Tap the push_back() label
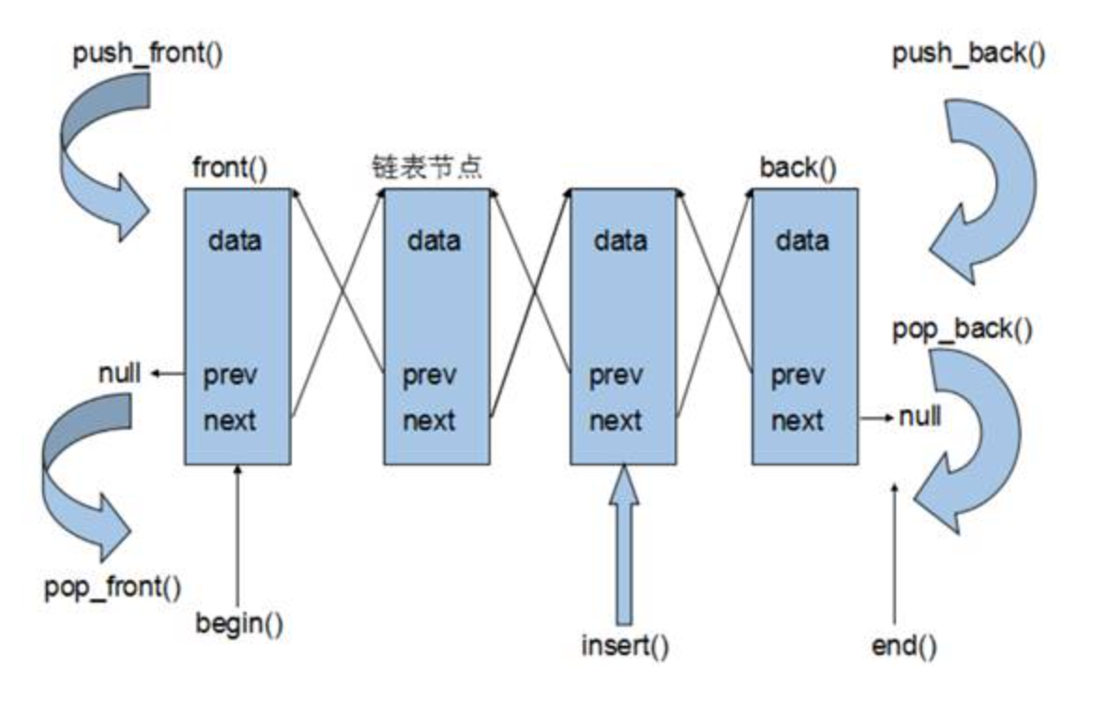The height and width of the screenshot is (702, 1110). tap(967, 54)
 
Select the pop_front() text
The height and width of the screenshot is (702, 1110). tap(113, 588)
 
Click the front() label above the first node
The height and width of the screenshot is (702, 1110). tap(229, 169)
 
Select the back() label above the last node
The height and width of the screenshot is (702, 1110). tap(798, 169)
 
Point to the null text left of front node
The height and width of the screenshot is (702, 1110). tap(119, 374)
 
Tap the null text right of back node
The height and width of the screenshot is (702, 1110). tap(920, 416)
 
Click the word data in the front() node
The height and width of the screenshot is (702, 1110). tap(235, 241)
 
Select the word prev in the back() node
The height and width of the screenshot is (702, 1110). tap(798, 376)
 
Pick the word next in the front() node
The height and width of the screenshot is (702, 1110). tap(230, 420)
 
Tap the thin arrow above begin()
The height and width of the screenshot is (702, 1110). tap(238, 535)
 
